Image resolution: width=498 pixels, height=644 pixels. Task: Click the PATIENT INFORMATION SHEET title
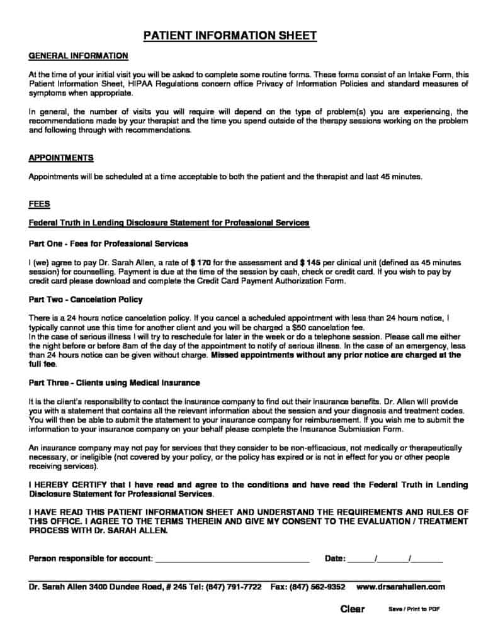(x=230, y=36)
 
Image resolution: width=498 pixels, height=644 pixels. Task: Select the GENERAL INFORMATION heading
(x=79, y=56)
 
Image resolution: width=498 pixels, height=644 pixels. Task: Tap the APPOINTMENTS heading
(x=61, y=158)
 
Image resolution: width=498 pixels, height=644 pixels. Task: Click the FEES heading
(x=40, y=204)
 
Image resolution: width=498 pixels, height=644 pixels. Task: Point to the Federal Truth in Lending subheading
(x=169, y=223)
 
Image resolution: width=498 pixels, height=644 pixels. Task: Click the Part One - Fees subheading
(x=108, y=243)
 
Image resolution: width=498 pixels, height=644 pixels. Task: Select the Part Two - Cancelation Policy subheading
(x=86, y=299)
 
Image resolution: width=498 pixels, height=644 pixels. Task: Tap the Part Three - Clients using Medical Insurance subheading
(x=115, y=382)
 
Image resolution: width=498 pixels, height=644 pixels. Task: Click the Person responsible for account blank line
(x=232, y=558)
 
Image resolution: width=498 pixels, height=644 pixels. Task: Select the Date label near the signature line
(x=335, y=558)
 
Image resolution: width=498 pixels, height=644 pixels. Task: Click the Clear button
(x=353, y=609)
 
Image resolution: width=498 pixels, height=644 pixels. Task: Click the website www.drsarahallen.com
(x=400, y=587)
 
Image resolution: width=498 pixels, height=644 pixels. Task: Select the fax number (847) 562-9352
(x=317, y=587)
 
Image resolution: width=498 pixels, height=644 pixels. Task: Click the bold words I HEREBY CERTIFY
(x=69, y=486)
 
